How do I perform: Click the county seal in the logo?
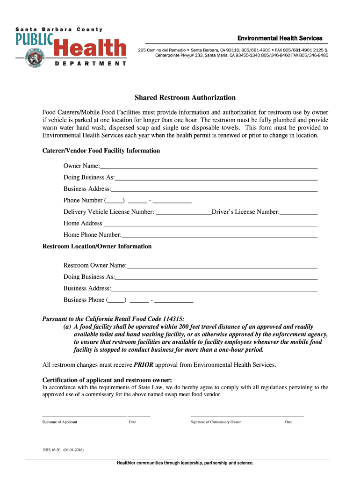pos(34,57)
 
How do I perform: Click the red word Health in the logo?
pos(90,49)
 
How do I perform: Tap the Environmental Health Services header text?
pos(280,38)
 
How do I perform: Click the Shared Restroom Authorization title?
pos(185,98)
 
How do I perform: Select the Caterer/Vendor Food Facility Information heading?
pos(101,151)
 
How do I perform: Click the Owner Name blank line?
pos(209,167)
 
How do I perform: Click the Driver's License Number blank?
pos(298,212)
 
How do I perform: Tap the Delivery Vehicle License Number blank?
pos(183,212)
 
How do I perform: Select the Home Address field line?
pos(210,224)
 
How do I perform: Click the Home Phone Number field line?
pos(219,235)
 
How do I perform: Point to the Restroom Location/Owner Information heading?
pos(97,246)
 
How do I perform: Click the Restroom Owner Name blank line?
pos(222,266)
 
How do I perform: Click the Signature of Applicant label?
pos(59,422)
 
